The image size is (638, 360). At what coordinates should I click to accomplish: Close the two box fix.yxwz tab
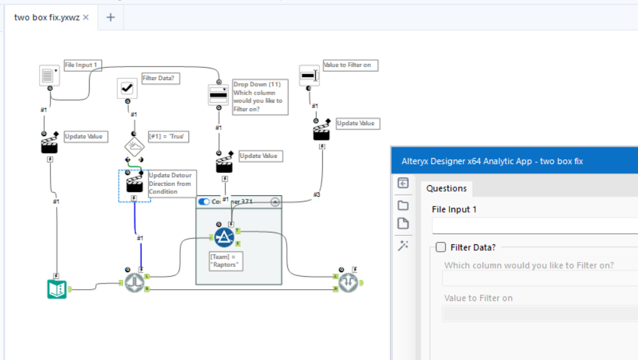point(86,17)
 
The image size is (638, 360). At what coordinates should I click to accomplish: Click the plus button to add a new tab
point(111,17)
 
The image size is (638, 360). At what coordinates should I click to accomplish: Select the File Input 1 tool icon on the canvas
point(48,75)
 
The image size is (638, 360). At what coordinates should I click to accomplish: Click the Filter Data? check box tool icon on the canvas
point(127,88)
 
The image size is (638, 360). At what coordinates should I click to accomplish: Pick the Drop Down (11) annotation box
point(260,96)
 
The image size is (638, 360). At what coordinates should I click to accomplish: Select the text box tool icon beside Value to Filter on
point(309,75)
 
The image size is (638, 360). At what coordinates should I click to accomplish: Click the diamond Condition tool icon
point(134,147)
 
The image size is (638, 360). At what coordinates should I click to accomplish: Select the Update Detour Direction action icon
point(134,184)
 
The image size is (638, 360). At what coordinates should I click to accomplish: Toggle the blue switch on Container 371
point(204,201)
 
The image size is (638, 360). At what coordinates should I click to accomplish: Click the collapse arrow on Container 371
point(275,201)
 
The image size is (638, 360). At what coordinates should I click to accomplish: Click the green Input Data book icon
point(57,288)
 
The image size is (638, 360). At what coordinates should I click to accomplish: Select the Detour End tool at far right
point(347,283)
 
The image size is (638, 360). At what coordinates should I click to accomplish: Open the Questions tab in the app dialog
point(446,188)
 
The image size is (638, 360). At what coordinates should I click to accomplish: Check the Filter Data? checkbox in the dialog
point(441,247)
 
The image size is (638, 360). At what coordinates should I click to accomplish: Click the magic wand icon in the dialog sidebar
point(403,246)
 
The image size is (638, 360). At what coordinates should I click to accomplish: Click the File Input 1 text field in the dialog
point(535,225)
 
